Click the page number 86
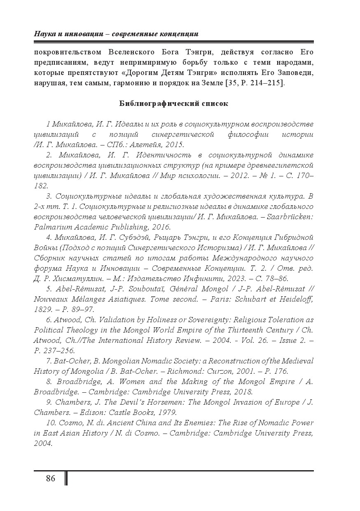51,478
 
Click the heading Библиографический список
173,103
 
